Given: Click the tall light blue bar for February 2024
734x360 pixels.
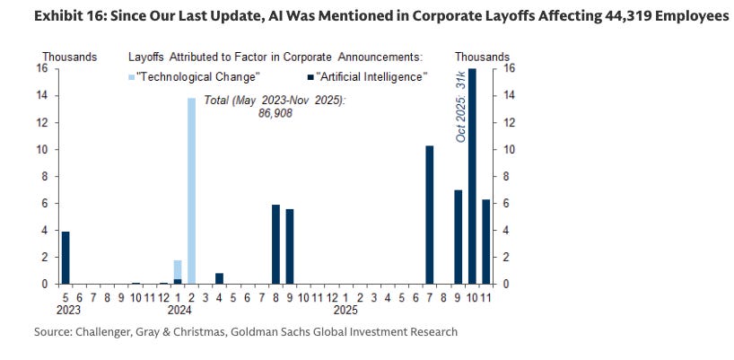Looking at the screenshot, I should [x=191, y=190].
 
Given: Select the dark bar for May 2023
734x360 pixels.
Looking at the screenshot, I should [x=65, y=258].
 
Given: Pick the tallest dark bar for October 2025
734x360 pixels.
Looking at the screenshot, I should [x=472, y=176].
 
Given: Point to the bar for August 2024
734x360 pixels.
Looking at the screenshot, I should [x=275, y=244].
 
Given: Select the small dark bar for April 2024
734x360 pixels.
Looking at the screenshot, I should [x=219, y=278].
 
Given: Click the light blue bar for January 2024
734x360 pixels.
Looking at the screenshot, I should [x=177, y=272].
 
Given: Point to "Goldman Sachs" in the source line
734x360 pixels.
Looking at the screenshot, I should [x=291, y=332].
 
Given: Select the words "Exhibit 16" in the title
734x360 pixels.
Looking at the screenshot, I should [x=42, y=18].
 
